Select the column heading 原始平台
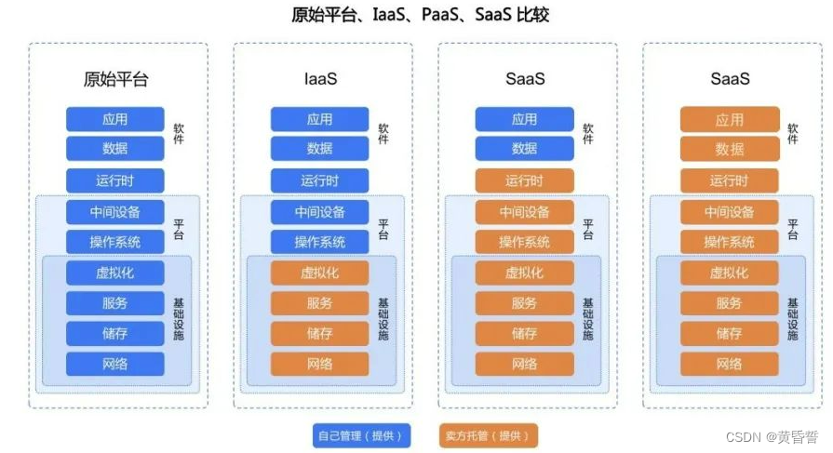(x=115, y=79)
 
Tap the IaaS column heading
(x=319, y=79)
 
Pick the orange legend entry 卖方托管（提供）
(x=489, y=435)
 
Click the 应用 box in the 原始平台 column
(x=115, y=120)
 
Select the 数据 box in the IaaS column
(x=319, y=149)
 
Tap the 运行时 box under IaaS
(x=319, y=180)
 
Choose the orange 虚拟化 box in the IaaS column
(x=319, y=273)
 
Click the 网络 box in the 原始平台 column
(x=115, y=364)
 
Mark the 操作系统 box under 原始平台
(x=115, y=243)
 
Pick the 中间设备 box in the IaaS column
(x=319, y=212)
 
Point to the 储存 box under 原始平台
(x=115, y=334)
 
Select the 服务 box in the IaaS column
(x=319, y=303)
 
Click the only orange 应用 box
(x=729, y=120)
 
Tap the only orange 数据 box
(x=729, y=149)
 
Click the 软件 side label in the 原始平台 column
(x=179, y=134)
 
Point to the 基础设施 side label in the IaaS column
(x=383, y=318)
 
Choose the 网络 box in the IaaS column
(x=319, y=364)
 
